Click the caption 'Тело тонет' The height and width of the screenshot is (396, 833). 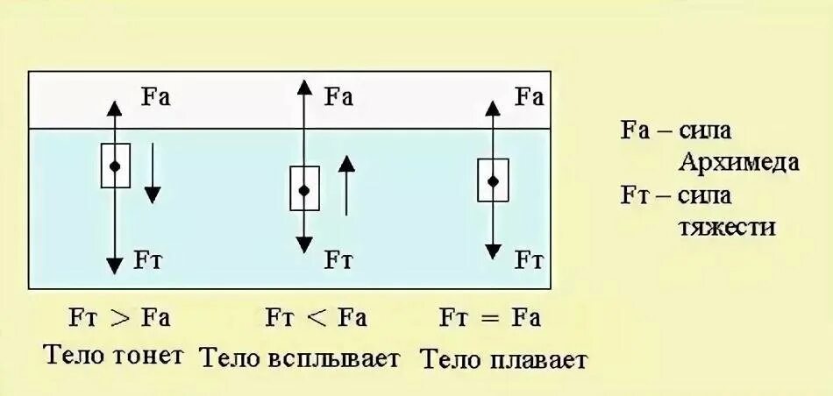[114, 355]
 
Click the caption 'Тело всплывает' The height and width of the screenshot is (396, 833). [299, 357]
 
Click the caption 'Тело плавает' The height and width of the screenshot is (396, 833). [503, 358]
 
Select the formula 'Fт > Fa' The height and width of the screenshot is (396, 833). [114, 316]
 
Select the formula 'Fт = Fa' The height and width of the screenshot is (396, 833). [491, 316]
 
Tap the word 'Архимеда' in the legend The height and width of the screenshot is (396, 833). [737, 163]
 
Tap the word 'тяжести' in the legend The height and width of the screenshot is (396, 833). [727, 227]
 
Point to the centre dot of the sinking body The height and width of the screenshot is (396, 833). [115, 166]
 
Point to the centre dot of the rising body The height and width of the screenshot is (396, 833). [304, 189]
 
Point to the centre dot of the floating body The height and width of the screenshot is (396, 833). [493, 180]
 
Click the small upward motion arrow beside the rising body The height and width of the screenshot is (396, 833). [347, 185]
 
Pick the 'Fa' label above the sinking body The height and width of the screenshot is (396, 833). [155, 95]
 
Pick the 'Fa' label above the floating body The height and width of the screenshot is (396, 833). [529, 95]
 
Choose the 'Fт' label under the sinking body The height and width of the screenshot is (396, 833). [148, 258]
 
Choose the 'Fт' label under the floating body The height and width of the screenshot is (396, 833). [528, 259]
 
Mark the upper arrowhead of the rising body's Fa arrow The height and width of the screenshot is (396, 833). [304, 86]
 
